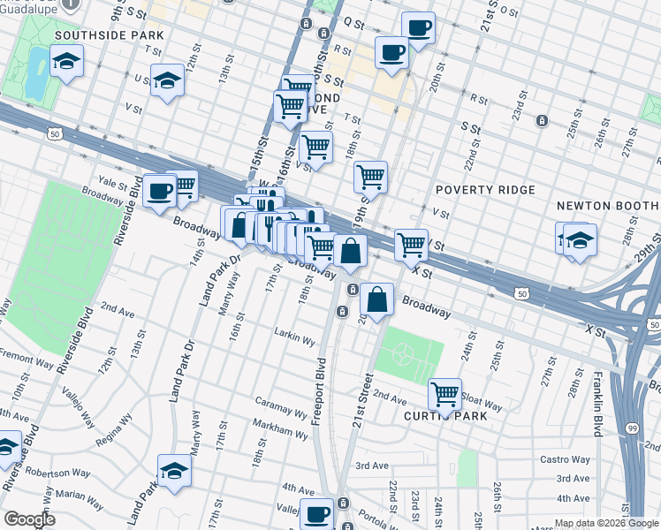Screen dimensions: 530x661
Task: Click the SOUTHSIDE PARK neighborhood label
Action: pos(109,35)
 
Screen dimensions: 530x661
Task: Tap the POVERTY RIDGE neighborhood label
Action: pos(485,190)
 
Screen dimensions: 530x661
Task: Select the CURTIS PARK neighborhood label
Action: pos(446,416)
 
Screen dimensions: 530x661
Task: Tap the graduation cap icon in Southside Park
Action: pos(66,62)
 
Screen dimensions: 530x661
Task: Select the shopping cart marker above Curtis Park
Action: pos(444,393)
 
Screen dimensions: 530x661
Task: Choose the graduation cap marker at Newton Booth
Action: pos(580,239)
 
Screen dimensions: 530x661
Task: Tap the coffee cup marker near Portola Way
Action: pos(316,513)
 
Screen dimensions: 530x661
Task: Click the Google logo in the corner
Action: pos(29,519)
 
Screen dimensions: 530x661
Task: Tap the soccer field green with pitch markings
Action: pos(405,356)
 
